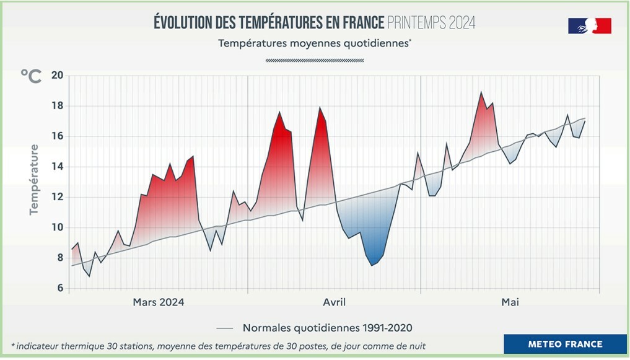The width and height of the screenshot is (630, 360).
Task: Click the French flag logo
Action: [x=589, y=26]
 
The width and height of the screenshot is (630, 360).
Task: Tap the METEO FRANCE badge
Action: [x=565, y=344]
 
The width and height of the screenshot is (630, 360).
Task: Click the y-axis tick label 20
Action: [x=58, y=76]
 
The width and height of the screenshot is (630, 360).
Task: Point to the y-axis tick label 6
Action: [x=60, y=288]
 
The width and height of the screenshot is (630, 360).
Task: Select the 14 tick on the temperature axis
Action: [x=58, y=167]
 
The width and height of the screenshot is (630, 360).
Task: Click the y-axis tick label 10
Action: [x=58, y=227]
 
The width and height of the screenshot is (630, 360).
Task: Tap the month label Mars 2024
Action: [x=159, y=302]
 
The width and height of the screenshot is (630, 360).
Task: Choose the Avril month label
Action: [x=335, y=302]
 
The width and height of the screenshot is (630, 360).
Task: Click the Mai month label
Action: [x=510, y=302]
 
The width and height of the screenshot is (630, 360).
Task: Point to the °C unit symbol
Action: [x=31, y=76]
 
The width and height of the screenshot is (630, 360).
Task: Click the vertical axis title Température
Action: [x=34, y=180]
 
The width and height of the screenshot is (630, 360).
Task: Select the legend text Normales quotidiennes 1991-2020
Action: [x=328, y=328]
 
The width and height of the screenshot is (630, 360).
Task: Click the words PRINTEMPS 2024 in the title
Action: [x=431, y=24]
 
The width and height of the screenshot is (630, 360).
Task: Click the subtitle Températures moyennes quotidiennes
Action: [x=315, y=43]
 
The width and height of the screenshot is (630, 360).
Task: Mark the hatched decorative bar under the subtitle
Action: [x=315, y=61]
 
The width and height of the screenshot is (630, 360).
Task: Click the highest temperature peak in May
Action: [x=481, y=92]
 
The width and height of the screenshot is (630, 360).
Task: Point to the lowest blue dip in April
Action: [x=372, y=265]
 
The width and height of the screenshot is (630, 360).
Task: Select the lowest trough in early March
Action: [x=89, y=276]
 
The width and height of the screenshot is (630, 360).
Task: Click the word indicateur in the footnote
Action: [x=43, y=346]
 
